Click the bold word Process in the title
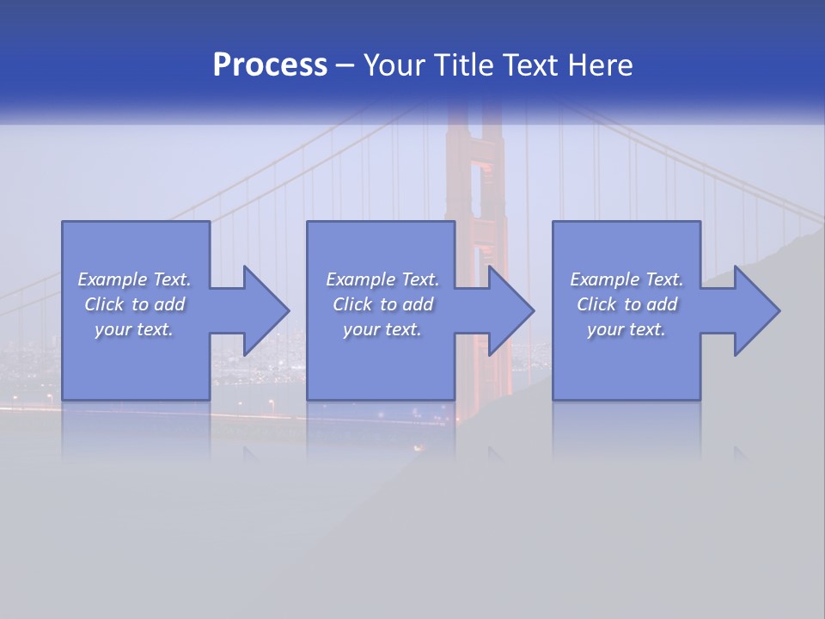pos(270,65)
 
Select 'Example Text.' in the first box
pos(134,279)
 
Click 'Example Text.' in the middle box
pos(382,279)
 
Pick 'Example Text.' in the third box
pos(626,279)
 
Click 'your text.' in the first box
pos(134,329)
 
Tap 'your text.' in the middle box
pos(382,329)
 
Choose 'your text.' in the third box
pos(626,329)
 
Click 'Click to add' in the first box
pos(134,304)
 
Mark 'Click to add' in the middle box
pos(382,304)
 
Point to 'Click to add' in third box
pos(626,304)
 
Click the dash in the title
pos(345,65)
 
